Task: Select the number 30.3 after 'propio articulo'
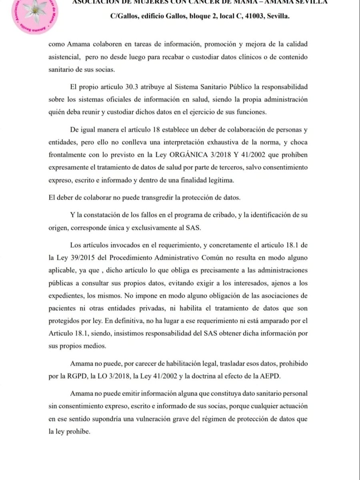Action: pyautogui.click(x=134, y=86)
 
